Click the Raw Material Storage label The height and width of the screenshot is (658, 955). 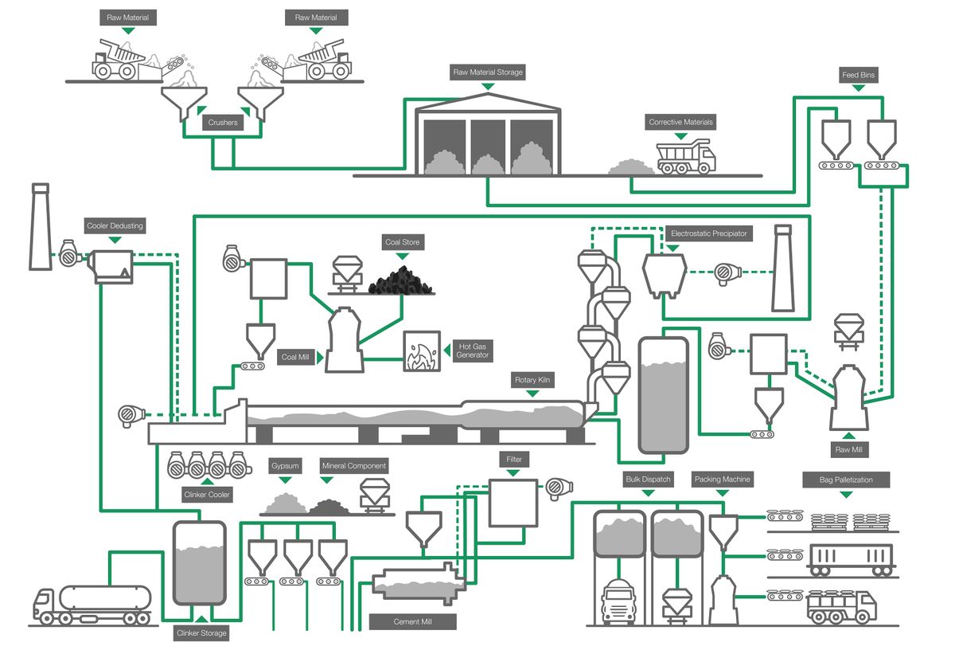click(x=488, y=72)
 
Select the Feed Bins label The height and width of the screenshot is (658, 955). click(x=860, y=76)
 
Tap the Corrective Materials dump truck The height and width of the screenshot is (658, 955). click(x=686, y=155)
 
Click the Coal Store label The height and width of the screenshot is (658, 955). click(x=402, y=242)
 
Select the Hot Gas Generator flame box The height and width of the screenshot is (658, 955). click(x=422, y=351)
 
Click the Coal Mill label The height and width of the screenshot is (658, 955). click(x=296, y=358)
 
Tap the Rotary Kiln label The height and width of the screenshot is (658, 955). click(x=532, y=381)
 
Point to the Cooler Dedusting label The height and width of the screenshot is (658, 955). click(x=115, y=225)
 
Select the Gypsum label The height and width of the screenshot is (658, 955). click(x=285, y=465)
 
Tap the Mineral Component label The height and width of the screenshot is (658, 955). click(x=353, y=465)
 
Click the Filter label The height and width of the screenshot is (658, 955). click(x=513, y=460)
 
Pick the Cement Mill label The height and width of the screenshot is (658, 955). click(x=413, y=621)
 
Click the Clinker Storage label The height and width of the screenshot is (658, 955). click(x=201, y=633)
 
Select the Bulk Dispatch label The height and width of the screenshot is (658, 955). click(x=648, y=480)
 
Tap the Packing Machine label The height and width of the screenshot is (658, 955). click(x=723, y=480)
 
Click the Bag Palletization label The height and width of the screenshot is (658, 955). click(x=846, y=480)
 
